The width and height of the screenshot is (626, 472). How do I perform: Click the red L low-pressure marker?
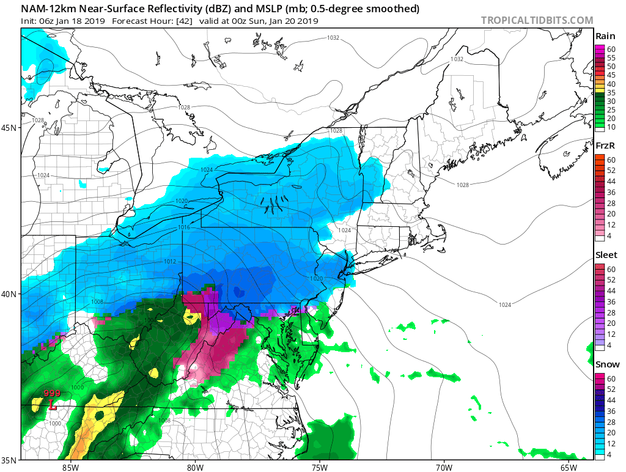pos(53,405)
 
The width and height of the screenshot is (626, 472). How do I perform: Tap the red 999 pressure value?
pos(52,394)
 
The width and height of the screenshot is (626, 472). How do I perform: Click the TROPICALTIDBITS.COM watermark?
pos(537,20)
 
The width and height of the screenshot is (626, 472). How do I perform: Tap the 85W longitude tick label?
pos(70,467)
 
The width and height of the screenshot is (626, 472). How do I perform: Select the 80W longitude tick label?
pos(194,467)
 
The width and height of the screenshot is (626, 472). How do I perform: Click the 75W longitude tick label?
pos(319,467)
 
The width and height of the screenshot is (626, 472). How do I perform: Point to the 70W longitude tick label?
pos(444,467)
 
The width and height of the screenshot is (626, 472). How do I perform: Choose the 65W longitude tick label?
pos(568,467)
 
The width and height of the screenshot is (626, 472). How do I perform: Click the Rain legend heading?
pos(605,36)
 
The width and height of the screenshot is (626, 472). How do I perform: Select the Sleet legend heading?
pos(606,255)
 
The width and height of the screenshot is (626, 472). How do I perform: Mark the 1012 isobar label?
pos(170,262)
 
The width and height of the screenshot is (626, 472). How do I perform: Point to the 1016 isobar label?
pos(185,227)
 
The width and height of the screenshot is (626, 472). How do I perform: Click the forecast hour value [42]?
pos(169,21)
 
